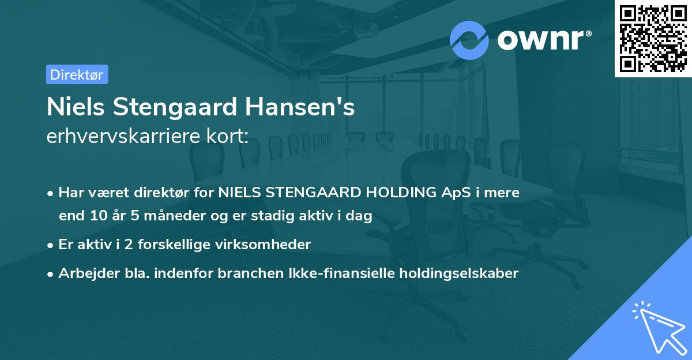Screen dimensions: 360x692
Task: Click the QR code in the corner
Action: coord(653,39)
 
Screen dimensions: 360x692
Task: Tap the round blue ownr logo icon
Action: coord(469,40)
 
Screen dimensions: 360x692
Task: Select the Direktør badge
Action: coord(77,74)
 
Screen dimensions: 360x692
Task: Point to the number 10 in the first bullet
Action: coord(96,216)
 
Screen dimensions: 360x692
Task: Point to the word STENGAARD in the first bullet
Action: coord(316,193)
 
